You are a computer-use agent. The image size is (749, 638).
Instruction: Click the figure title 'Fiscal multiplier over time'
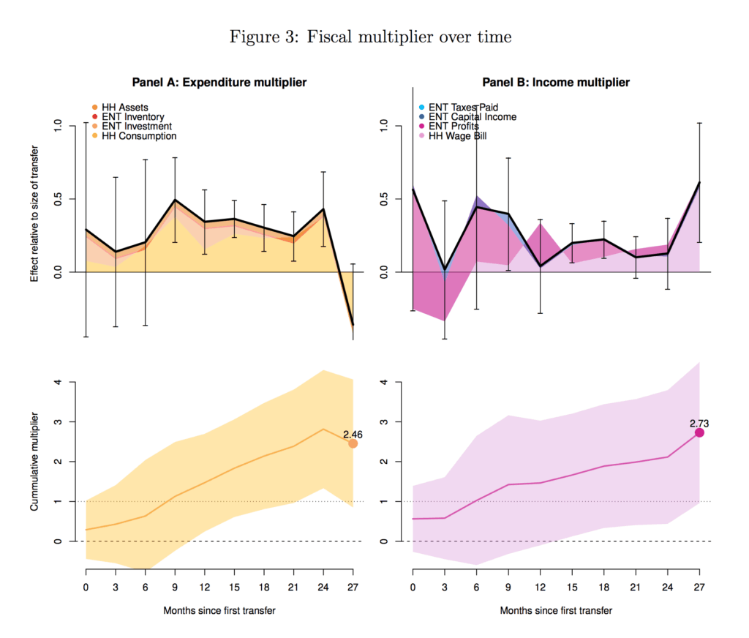coord(370,37)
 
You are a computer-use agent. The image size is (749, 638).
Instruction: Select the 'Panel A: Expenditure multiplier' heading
coord(219,83)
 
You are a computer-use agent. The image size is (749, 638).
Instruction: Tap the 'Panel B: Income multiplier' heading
coord(556,83)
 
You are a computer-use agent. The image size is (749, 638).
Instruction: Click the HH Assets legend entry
coord(124,108)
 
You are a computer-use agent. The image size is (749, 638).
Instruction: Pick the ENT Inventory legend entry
coord(132,117)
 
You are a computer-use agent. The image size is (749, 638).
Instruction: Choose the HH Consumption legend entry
coord(138,136)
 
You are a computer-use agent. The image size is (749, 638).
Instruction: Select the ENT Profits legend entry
coord(453,127)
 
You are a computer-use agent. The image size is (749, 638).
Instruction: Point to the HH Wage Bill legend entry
coord(457,136)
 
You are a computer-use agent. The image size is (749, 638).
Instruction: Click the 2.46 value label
coord(352,434)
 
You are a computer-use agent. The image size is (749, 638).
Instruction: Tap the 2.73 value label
coord(699,423)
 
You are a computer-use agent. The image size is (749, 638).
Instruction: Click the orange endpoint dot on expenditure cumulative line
coord(353,443)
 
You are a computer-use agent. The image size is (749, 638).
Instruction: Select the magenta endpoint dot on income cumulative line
coord(699,432)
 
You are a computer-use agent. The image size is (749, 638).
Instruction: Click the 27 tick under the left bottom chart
coord(353,587)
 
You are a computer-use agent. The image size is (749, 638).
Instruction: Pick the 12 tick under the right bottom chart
coord(541,587)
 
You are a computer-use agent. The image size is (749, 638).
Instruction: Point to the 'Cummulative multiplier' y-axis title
coord(34,460)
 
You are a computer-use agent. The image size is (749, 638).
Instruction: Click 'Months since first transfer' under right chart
coord(556,610)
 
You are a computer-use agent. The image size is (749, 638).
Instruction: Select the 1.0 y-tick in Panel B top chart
coord(388,126)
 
